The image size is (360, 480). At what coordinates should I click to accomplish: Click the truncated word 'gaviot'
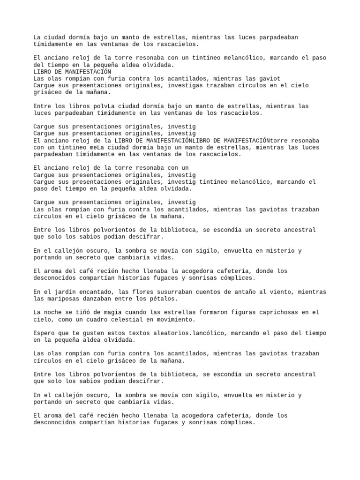pos(270,79)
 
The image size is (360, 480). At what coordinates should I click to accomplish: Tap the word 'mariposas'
pos(66,299)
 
